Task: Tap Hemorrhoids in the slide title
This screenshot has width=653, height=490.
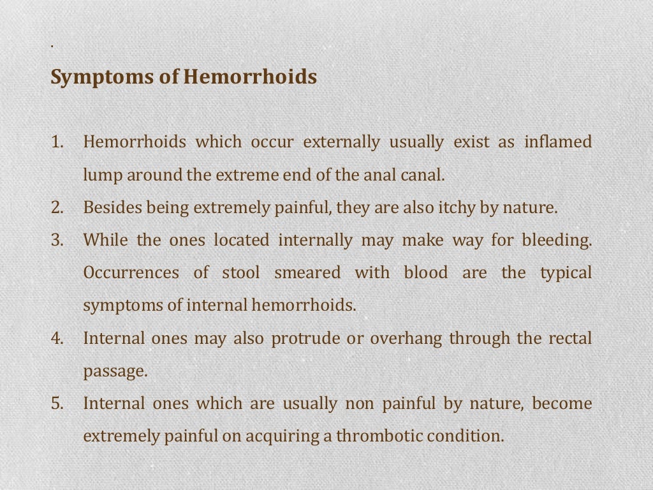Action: (x=250, y=77)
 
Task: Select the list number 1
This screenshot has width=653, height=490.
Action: (x=57, y=142)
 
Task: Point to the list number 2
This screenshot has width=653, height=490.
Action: (x=57, y=207)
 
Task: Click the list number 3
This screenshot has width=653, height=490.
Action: (x=57, y=240)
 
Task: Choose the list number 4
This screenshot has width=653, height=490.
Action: (x=57, y=338)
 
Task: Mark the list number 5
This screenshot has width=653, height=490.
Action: (x=57, y=403)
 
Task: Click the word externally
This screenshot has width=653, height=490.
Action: (x=341, y=142)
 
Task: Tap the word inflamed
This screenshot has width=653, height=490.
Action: (x=558, y=142)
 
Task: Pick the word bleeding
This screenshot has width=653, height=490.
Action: (x=557, y=240)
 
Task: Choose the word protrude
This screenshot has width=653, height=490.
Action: (x=305, y=338)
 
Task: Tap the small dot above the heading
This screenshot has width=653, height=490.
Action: (x=51, y=46)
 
